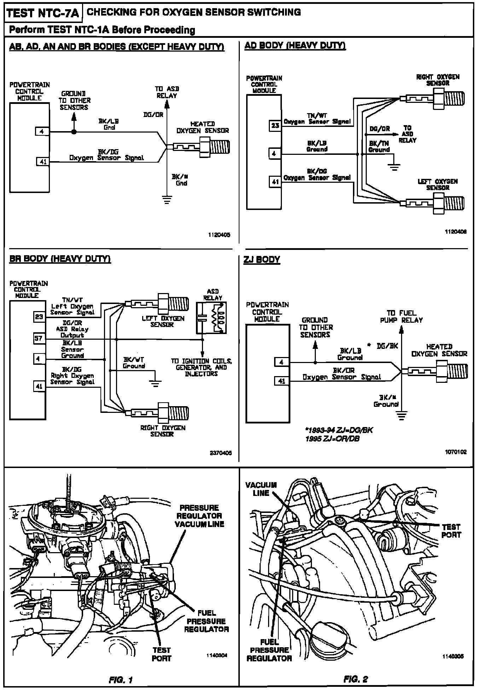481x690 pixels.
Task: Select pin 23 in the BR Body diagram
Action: click(x=39, y=317)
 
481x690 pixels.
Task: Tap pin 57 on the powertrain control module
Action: click(x=39, y=338)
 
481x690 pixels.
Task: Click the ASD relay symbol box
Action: click(x=211, y=318)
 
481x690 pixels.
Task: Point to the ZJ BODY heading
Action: click(x=262, y=260)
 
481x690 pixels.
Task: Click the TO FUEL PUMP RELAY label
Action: click(x=401, y=317)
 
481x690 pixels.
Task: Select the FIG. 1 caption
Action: click(x=121, y=679)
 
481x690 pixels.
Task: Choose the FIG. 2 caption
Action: click(x=356, y=679)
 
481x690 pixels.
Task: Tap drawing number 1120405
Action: click(x=219, y=235)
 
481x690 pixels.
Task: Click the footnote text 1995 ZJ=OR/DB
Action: click(x=332, y=439)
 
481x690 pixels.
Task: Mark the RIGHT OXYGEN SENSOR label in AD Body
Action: click(x=438, y=80)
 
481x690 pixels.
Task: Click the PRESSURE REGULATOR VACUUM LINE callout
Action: click(x=199, y=516)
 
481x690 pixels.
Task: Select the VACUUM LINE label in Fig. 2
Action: click(x=261, y=489)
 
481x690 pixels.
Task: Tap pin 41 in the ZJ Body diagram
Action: click(x=282, y=381)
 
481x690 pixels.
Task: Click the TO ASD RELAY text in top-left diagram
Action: click(x=167, y=92)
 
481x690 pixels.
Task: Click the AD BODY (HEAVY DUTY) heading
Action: click(x=295, y=46)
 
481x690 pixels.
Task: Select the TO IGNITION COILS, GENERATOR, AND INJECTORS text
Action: click(x=201, y=368)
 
